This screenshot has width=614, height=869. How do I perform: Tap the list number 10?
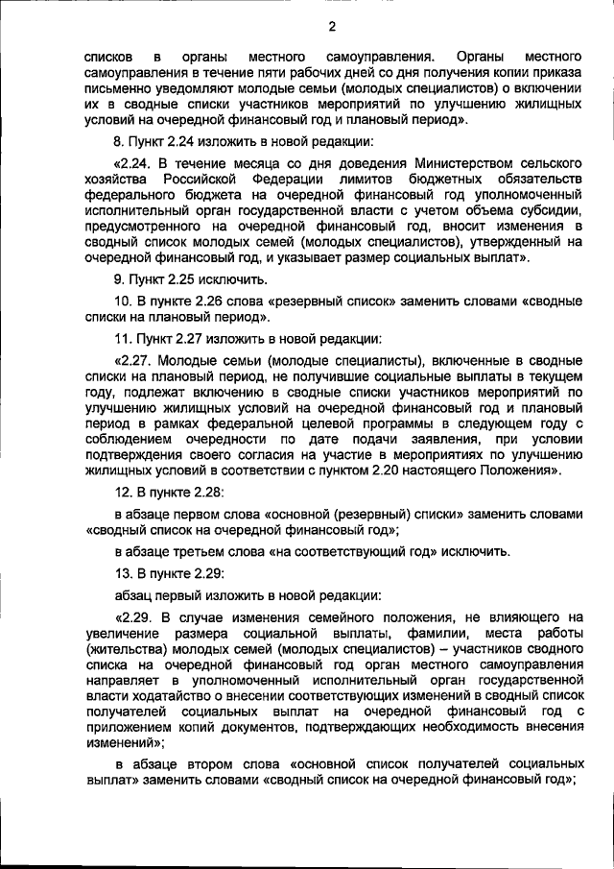[124, 301]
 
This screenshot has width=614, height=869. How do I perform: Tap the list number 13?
[124, 574]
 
